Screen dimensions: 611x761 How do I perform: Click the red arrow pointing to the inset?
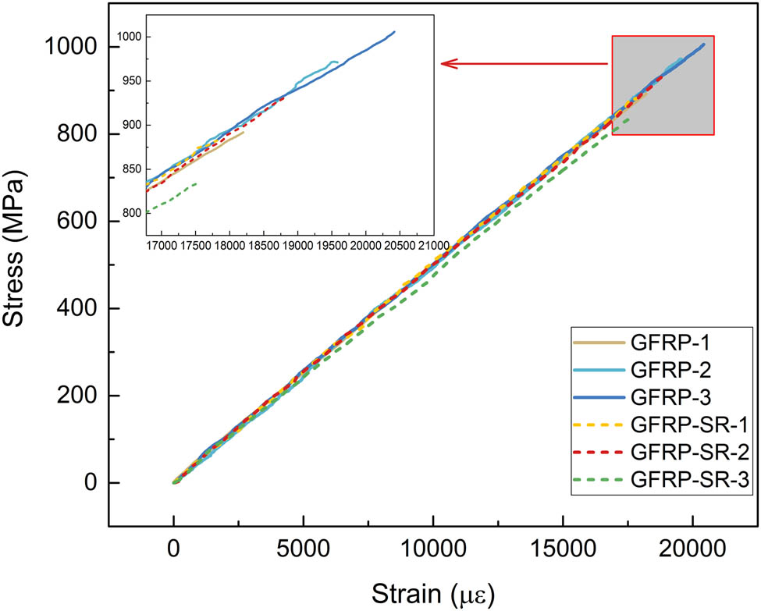coord(523,64)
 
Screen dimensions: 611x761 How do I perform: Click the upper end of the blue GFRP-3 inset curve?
coord(395,32)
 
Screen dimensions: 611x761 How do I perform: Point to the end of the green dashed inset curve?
coord(196,183)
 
